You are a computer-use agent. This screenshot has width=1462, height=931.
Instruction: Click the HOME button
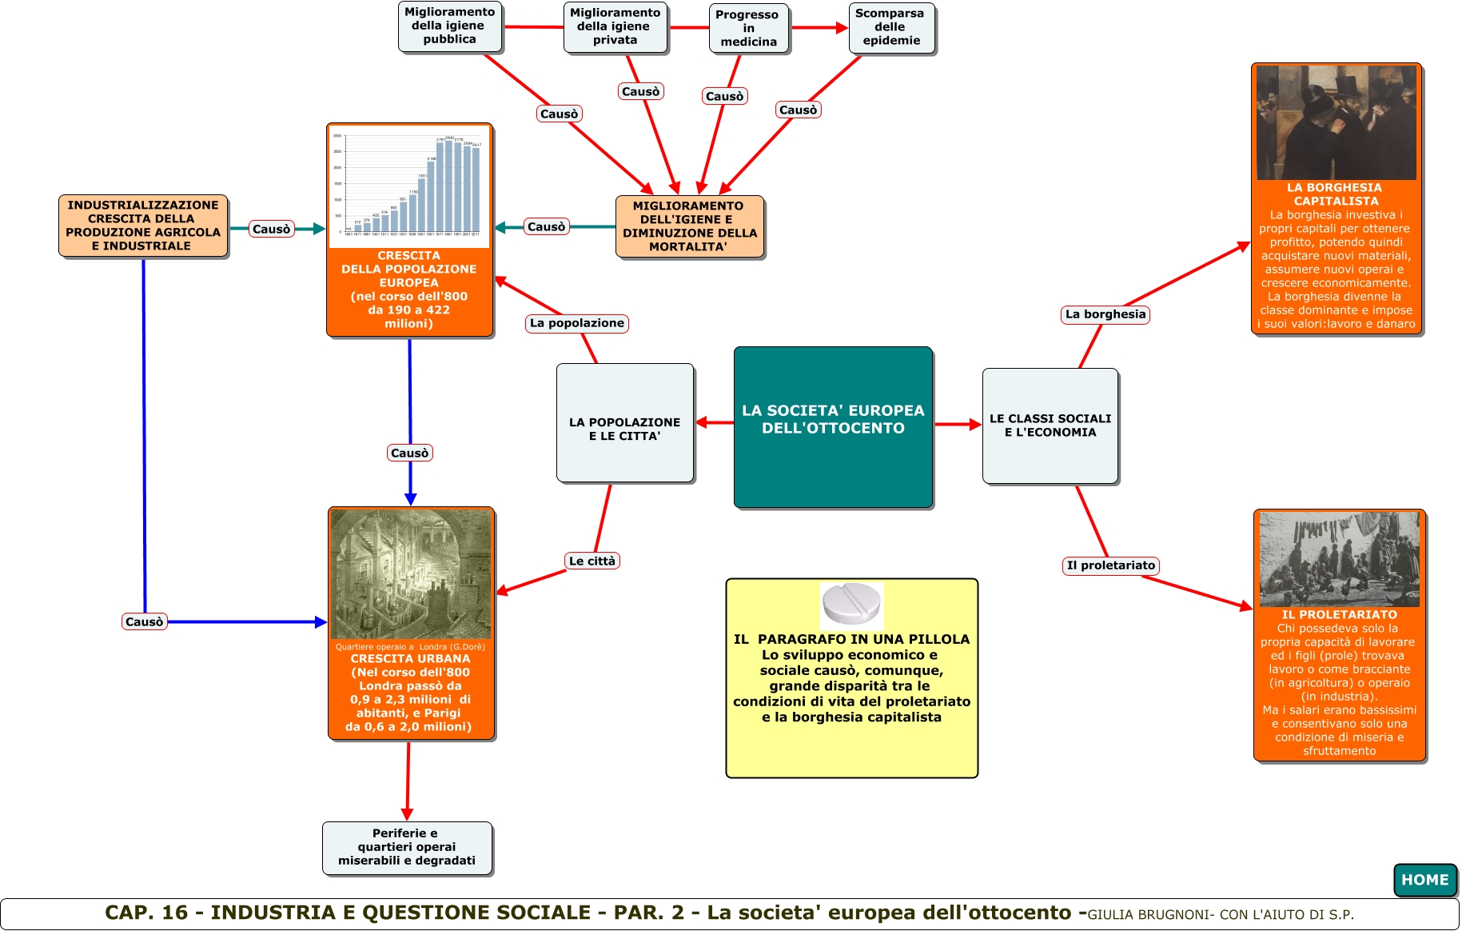pyautogui.click(x=1424, y=880)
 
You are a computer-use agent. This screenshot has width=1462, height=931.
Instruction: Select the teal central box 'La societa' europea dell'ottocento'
pyautogui.click(x=833, y=427)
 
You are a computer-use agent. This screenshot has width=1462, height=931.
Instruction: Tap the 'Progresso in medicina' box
pyautogui.click(x=748, y=28)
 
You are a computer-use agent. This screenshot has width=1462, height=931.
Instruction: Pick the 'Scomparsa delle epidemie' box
pyautogui.click(x=890, y=27)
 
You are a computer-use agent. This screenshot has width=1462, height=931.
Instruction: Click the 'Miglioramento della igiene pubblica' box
pyautogui.click(x=449, y=26)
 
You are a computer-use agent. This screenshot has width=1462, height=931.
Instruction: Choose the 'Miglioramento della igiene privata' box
pyautogui.click(x=615, y=27)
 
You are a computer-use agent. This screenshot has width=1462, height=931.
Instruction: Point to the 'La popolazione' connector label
pyautogui.click(x=576, y=323)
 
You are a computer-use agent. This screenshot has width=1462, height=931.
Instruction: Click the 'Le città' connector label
pyautogui.click(x=592, y=561)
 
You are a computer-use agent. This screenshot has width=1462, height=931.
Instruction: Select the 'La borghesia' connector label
pyautogui.click(x=1105, y=314)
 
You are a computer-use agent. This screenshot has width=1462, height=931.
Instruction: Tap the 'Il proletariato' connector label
pyautogui.click(x=1110, y=565)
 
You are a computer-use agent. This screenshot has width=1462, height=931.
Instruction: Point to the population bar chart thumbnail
pyautogui.click(x=409, y=186)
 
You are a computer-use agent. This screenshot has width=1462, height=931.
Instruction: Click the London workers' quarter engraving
pyautogui.click(x=411, y=573)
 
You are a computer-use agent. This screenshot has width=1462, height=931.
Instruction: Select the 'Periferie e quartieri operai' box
pyautogui.click(x=407, y=847)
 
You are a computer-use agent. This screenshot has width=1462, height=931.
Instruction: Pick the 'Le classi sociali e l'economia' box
pyautogui.click(x=1050, y=426)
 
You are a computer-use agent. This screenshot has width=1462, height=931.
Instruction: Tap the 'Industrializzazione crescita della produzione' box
pyautogui.click(x=143, y=226)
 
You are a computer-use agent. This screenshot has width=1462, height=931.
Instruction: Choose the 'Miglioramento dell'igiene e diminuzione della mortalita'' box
pyautogui.click(x=689, y=226)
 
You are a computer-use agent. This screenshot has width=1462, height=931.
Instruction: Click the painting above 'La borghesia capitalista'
pyautogui.click(x=1336, y=122)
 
